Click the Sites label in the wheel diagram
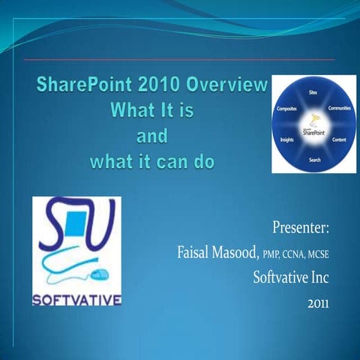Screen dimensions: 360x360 (x=312, y=91)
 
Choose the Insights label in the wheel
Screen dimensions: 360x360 (x=286, y=140)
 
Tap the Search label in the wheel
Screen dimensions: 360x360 (x=314, y=160)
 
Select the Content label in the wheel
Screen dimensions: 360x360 (x=339, y=140)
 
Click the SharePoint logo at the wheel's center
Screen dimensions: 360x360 (x=313, y=130)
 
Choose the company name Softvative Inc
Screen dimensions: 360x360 (x=292, y=278)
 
